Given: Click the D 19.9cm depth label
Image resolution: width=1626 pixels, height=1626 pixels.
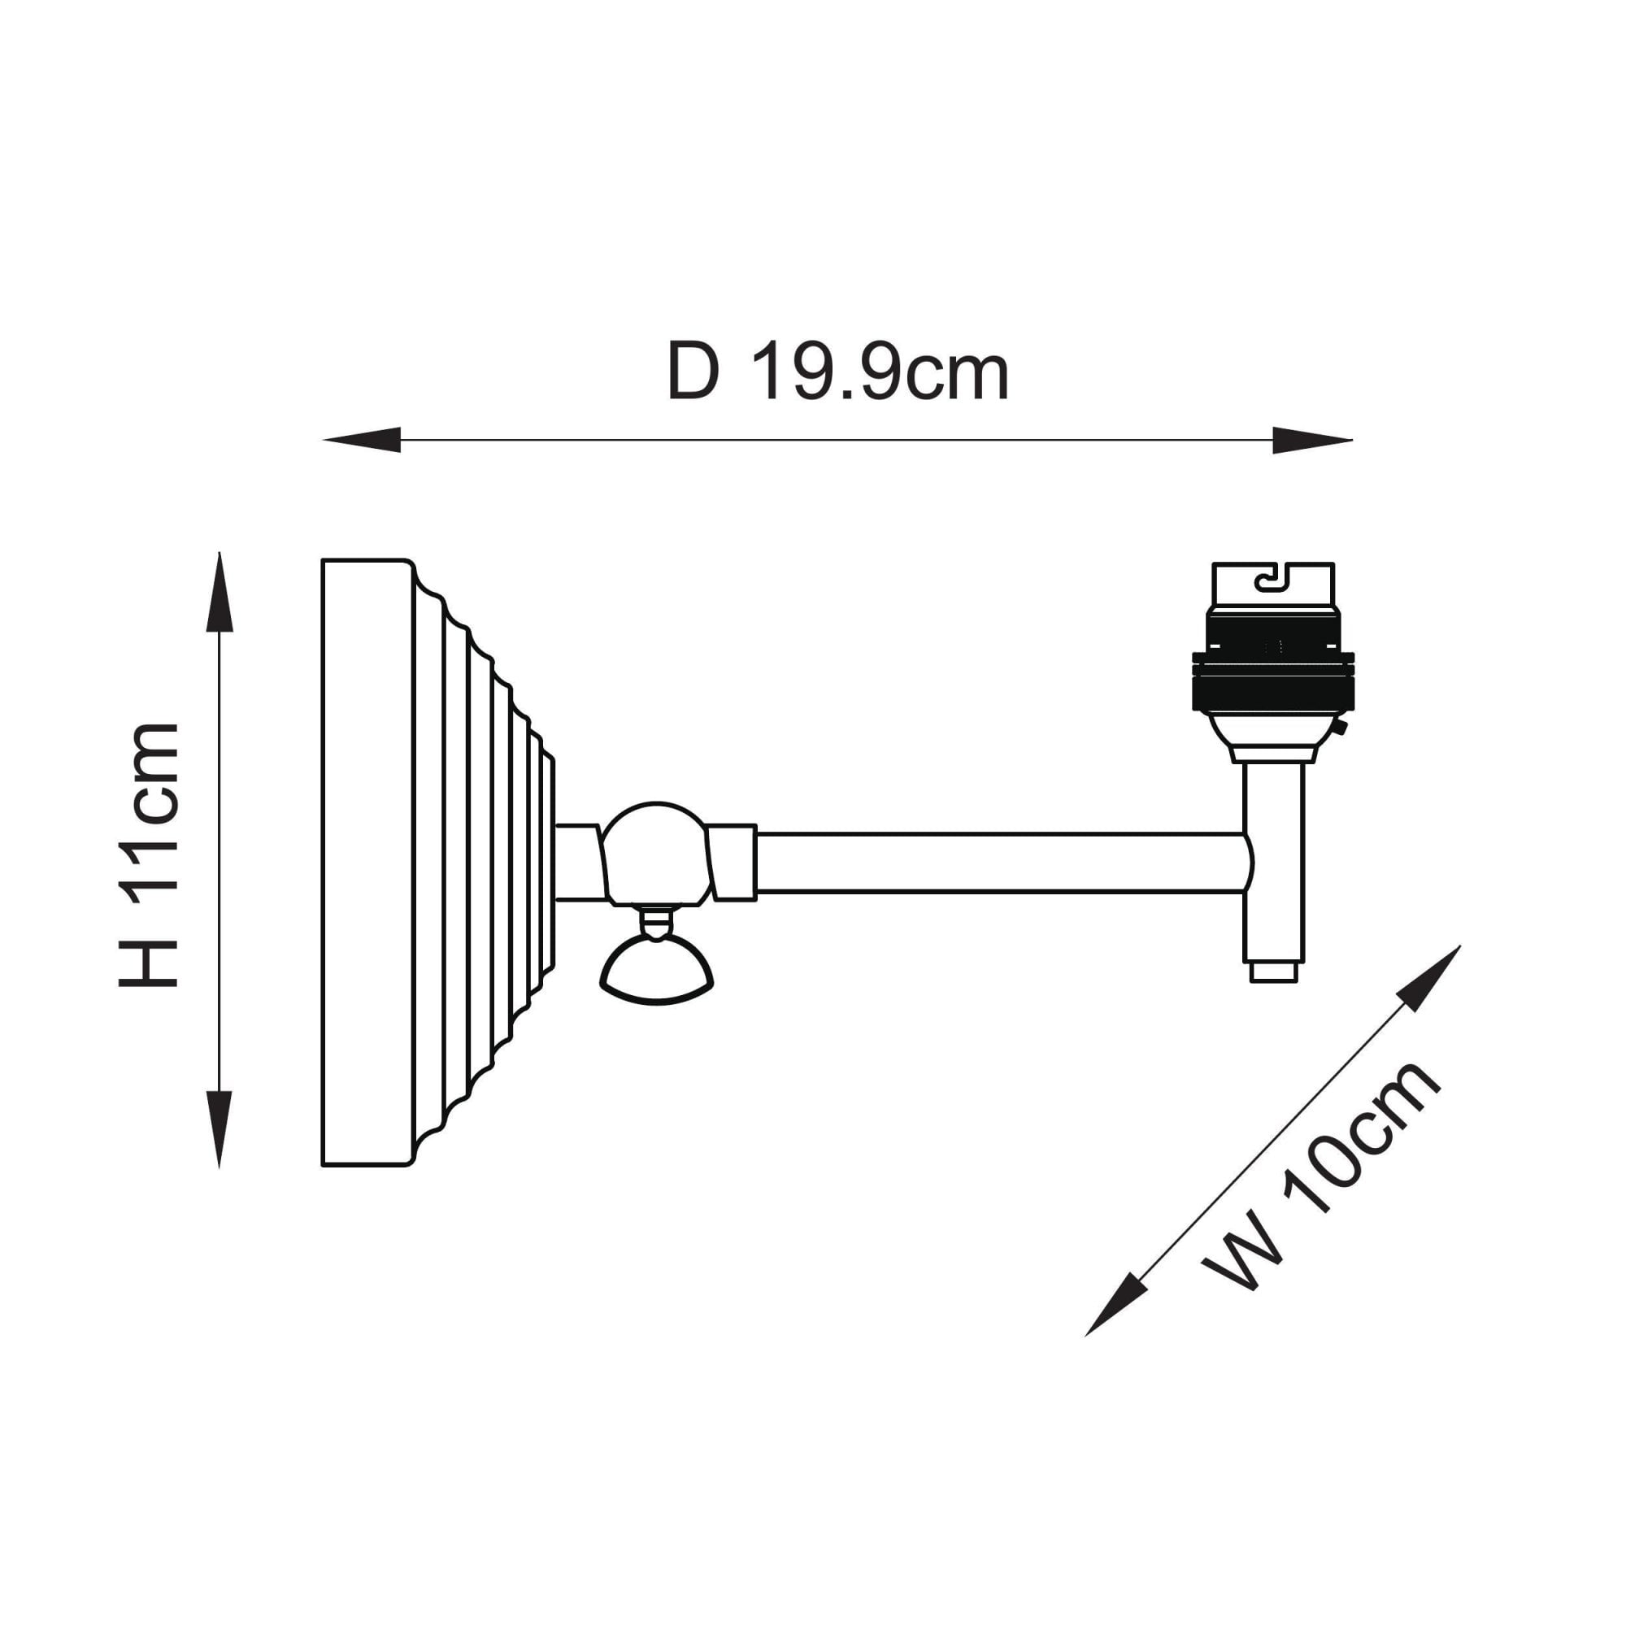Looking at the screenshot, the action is [x=837, y=372].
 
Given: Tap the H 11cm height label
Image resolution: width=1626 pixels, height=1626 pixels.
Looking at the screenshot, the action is [x=149, y=854].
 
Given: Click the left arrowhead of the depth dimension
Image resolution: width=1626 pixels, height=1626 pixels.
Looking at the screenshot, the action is [x=361, y=440].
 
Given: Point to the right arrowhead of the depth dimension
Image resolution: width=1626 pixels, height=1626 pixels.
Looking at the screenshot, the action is [x=1313, y=440].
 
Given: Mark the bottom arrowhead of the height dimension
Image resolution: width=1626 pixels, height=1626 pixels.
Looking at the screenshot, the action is [x=220, y=1129].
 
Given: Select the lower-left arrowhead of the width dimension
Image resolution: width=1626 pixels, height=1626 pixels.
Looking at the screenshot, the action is [x=1116, y=1305].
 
